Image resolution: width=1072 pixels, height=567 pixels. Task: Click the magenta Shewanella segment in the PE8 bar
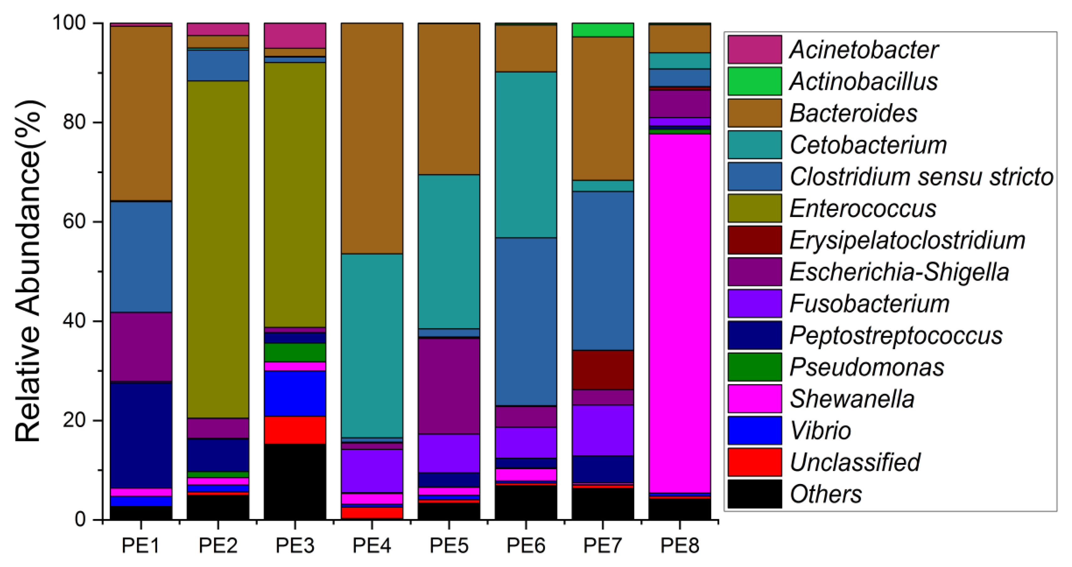pos(680,312)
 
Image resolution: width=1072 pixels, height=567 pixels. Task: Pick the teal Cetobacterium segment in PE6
pos(526,154)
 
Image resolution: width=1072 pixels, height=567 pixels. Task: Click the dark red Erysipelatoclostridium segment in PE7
pos(603,370)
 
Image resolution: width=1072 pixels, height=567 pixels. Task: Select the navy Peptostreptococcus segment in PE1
pos(141,435)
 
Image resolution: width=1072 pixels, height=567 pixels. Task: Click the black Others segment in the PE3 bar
pos(295,481)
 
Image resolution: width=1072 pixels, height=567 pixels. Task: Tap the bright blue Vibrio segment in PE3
pos(295,394)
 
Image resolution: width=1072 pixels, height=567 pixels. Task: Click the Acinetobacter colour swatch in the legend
pos(754,49)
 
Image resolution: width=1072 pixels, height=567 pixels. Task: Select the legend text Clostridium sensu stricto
pos(921,177)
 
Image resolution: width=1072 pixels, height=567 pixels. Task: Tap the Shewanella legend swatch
pos(754,398)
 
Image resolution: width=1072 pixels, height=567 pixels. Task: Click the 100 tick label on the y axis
pos(69,23)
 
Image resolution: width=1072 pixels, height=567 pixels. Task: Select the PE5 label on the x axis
pos(449,545)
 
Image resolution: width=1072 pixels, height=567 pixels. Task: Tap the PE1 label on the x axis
pos(141,545)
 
